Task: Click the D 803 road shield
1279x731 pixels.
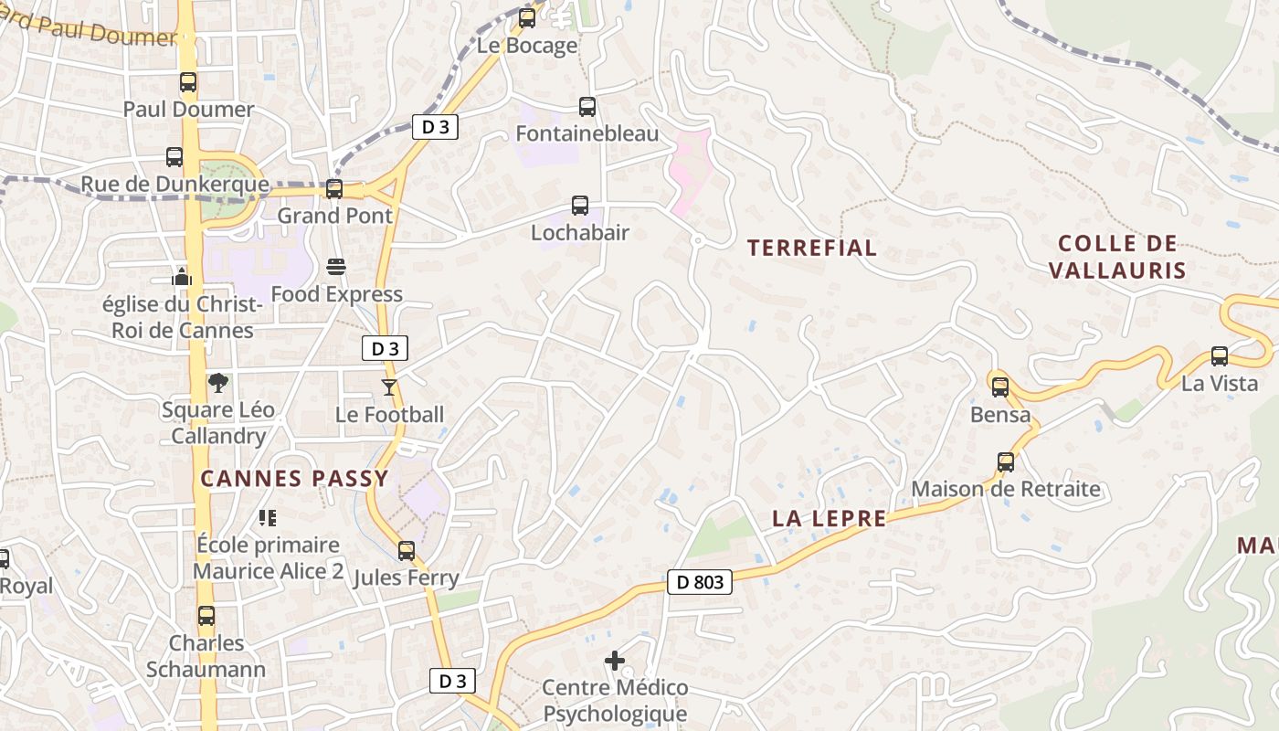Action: pyautogui.click(x=701, y=581)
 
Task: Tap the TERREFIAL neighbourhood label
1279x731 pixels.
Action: pyautogui.click(x=811, y=248)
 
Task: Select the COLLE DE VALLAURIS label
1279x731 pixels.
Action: pyautogui.click(x=1116, y=257)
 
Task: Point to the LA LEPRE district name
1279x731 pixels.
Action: pyautogui.click(x=829, y=519)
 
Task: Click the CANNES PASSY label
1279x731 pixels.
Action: pyautogui.click(x=294, y=478)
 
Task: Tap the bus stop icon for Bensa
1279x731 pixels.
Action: pyautogui.click(x=1000, y=387)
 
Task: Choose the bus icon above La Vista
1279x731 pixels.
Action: pyautogui.click(x=1219, y=356)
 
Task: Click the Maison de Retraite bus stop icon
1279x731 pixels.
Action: pyautogui.click(x=1006, y=462)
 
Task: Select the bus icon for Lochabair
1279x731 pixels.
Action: pyautogui.click(x=580, y=206)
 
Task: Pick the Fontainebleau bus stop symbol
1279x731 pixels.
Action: pyautogui.click(x=587, y=107)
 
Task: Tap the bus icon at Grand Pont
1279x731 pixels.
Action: pyautogui.click(x=334, y=189)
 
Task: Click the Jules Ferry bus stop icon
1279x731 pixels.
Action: pyautogui.click(x=407, y=551)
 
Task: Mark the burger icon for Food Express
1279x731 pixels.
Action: pyautogui.click(x=336, y=267)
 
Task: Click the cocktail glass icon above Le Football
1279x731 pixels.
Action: pyautogui.click(x=389, y=387)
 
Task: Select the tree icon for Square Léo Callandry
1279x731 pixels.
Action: pyautogui.click(x=217, y=383)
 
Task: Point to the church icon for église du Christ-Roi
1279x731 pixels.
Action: pyautogui.click(x=182, y=276)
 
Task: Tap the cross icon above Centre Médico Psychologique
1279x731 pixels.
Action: pyautogui.click(x=615, y=660)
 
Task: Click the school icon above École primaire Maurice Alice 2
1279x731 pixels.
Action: pyautogui.click(x=268, y=518)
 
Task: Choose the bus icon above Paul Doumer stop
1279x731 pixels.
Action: pyautogui.click(x=188, y=82)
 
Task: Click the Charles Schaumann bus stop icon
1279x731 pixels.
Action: pyautogui.click(x=206, y=616)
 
